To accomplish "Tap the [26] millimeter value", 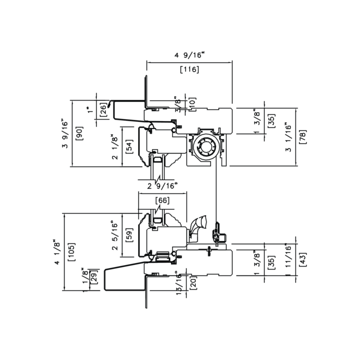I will (x=103, y=109).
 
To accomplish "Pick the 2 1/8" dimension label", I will (x=114, y=148).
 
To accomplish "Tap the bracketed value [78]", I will (x=302, y=137).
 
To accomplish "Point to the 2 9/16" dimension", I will (x=162, y=186).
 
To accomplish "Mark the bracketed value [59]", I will (x=129, y=235).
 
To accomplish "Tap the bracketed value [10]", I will (x=193, y=103).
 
